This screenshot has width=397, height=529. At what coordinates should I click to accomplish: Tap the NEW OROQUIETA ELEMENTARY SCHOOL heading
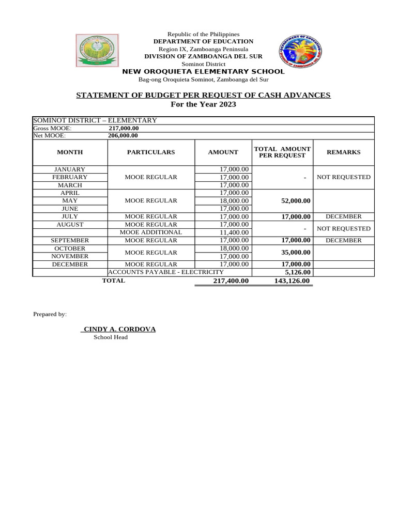tap(203, 71)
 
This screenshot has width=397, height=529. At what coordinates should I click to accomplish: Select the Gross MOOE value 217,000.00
tap(124, 128)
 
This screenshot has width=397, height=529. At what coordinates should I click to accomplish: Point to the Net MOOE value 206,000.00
tap(124, 136)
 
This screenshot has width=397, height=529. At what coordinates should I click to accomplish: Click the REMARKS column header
tap(344, 152)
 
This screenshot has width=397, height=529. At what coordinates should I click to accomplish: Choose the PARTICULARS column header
tap(151, 152)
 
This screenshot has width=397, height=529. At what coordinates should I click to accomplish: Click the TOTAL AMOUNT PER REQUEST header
tap(282, 152)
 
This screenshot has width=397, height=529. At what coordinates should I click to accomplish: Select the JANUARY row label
tap(70, 169)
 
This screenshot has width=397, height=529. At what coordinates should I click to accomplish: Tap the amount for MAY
tap(234, 201)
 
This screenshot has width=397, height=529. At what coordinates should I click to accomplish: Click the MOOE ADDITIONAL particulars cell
tap(151, 232)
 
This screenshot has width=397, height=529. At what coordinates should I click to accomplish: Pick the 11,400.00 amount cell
tap(234, 232)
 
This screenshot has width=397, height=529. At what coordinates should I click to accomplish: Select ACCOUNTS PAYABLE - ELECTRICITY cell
tap(166, 272)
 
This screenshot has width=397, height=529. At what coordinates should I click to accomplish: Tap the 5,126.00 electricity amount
tap(297, 272)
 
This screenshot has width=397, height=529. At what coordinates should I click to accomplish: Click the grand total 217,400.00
tap(231, 281)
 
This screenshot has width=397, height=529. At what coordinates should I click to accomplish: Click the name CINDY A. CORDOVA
tap(119, 329)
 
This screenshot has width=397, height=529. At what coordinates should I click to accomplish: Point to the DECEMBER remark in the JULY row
tap(344, 216)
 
